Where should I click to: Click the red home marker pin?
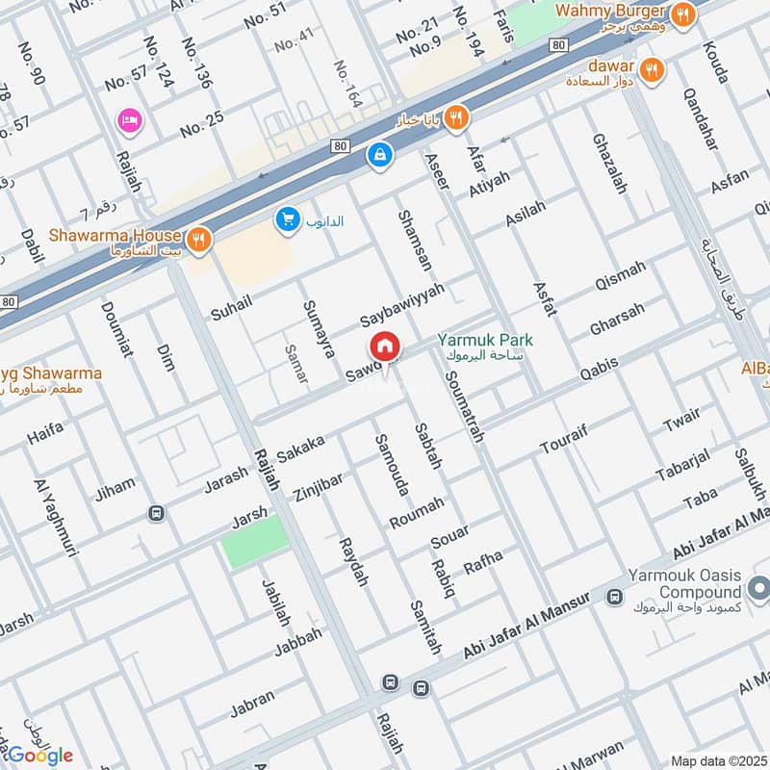point(384,346)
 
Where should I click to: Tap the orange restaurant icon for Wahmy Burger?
point(682,13)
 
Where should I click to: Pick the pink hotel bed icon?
point(128,120)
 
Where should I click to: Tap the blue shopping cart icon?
point(287,220)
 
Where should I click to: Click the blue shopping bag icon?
point(380,153)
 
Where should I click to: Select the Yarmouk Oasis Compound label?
point(684,583)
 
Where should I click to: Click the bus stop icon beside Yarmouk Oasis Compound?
point(614,598)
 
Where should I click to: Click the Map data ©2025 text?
point(719,760)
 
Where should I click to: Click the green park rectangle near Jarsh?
point(255,541)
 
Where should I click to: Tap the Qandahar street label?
point(700,118)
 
